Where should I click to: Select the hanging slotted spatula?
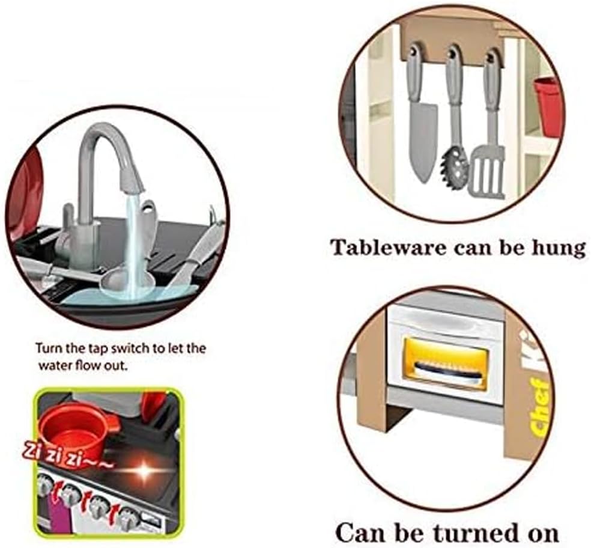point(486,168)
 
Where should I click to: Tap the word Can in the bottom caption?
point(359,532)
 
